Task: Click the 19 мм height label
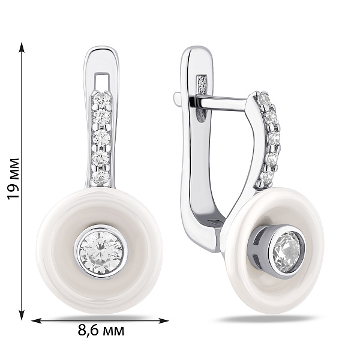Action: [x=13, y=179]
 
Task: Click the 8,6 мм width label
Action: [x=101, y=331]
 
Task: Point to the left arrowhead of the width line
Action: [x=36, y=320]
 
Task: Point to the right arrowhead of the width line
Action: [x=164, y=320]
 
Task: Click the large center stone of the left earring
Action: [x=101, y=252]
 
